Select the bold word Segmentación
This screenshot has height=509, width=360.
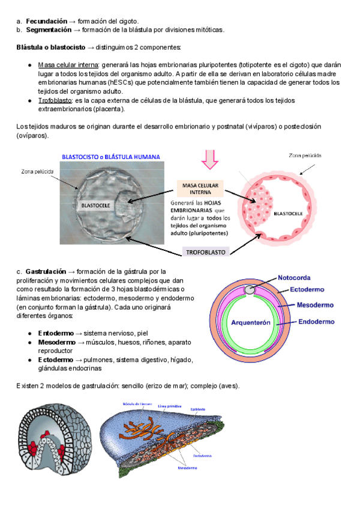point(49,29)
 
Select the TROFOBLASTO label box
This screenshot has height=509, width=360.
point(205,253)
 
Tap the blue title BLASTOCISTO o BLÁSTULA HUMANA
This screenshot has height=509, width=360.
point(111,157)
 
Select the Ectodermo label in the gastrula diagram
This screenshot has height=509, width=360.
point(307,289)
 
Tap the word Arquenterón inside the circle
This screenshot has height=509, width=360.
point(252,322)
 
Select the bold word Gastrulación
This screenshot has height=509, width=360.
point(48,272)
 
